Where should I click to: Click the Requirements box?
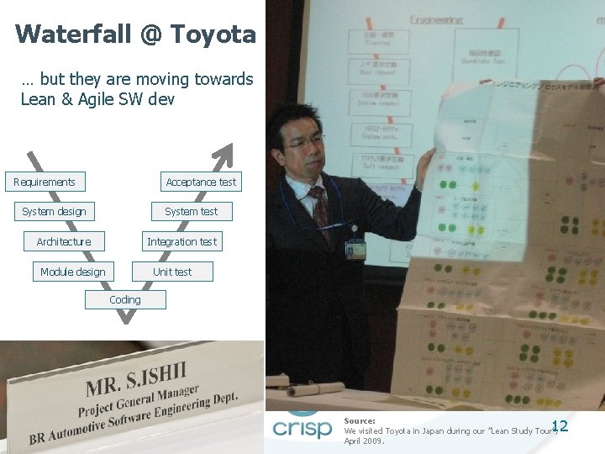coord(45,182)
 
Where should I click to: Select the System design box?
coord(54,212)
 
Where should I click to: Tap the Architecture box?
coord(64,242)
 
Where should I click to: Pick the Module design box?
coord(73,272)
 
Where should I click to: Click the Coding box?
coord(125,299)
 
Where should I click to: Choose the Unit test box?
coord(172,272)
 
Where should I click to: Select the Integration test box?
coord(181,242)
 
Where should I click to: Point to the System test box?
coord(191,212)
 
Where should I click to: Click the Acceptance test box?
coord(201,182)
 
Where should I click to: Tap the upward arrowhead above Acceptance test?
coord(224,156)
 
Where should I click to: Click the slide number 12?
coord(560,426)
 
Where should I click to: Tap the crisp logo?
coord(302,427)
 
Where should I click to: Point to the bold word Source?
coord(360,420)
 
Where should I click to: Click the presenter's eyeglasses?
coord(304,141)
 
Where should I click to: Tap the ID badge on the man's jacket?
coord(355,249)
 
